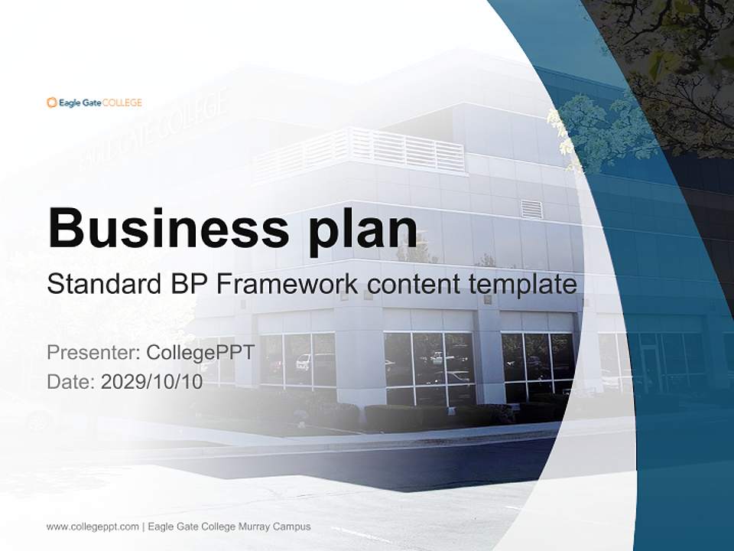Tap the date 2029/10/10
pos(151,382)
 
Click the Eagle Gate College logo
pos(94,103)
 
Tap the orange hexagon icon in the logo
pos(51,103)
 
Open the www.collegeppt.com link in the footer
pos(93,527)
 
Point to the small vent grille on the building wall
pos(531,209)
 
